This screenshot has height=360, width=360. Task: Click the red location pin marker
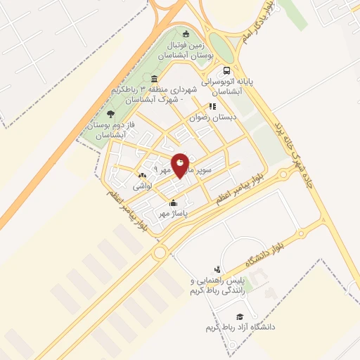coord(181,165)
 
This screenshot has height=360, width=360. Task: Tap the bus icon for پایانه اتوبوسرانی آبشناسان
coord(226,71)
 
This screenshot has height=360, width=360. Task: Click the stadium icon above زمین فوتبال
coord(186,34)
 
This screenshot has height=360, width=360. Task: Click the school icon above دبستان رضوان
coord(211,107)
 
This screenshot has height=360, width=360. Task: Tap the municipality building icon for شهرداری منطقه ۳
coord(154,77)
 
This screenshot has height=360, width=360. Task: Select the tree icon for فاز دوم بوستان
coord(110,112)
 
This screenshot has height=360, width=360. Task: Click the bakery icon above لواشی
coord(143,176)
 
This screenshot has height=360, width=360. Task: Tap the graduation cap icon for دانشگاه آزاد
coord(240,316)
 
